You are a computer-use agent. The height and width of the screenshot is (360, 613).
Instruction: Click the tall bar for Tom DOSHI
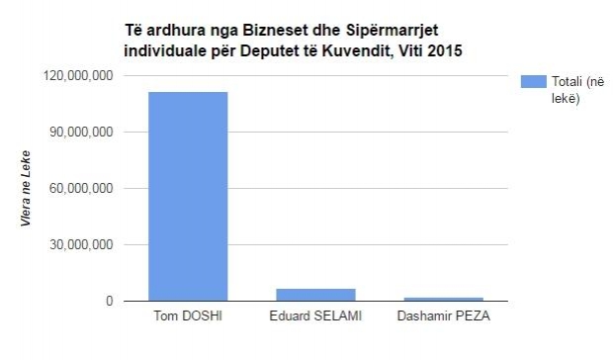(187, 196)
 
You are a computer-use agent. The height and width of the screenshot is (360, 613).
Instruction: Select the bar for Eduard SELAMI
(315, 294)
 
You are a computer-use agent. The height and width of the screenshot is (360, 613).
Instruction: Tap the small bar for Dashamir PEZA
(443, 298)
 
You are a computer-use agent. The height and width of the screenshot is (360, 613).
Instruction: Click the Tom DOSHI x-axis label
(187, 316)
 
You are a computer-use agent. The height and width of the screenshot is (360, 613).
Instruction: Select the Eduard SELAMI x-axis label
(315, 316)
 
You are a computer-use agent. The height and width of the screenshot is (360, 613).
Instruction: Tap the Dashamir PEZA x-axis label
(443, 316)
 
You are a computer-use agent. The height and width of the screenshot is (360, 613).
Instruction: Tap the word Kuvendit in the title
(352, 48)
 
